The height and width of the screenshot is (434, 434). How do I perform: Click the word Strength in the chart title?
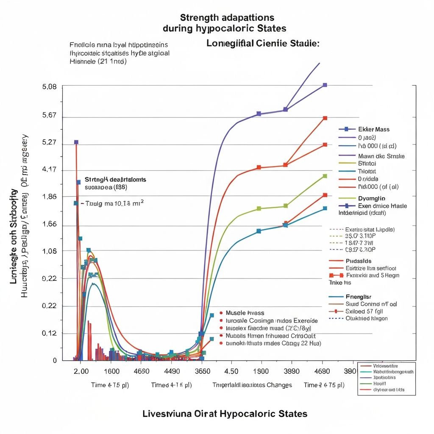pos(200,18)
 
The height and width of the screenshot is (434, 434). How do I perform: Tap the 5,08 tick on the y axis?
pos(50,87)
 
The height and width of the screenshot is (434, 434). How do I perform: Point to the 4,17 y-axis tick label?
pos(50,170)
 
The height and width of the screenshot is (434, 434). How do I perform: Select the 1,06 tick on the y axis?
pos(50,251)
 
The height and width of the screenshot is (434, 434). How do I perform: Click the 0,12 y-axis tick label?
pos(50,334)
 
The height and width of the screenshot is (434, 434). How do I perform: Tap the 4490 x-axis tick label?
pos(171,371)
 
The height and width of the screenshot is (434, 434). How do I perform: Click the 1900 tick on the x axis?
pos(260,371)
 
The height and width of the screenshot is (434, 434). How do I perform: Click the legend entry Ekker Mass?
pos(373,129)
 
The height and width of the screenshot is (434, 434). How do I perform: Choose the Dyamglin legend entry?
pos(372,198)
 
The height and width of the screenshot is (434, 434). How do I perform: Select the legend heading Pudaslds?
pos(359,261)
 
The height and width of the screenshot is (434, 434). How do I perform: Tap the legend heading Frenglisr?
pos(359,297)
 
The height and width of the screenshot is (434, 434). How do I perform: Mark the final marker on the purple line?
pos(325,85)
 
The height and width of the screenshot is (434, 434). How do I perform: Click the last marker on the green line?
pos(325,176)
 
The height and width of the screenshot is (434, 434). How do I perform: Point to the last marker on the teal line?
pos(325,209)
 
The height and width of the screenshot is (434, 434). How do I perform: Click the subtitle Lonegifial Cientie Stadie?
pos(263,44)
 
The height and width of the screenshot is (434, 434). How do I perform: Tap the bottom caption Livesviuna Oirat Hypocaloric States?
pos(225,414)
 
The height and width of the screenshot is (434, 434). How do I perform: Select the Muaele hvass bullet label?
pos(245,313)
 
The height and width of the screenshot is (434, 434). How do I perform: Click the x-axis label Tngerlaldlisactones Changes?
pos(252,385)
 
